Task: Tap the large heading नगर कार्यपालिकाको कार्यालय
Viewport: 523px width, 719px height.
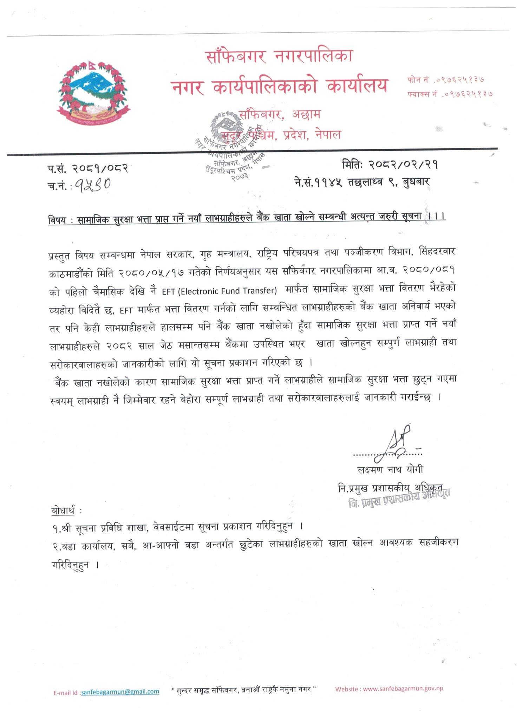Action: coord(280,86)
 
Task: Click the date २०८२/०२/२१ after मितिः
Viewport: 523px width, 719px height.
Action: coord(403,164)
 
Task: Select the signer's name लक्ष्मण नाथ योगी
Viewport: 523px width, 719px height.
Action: coord(390,469)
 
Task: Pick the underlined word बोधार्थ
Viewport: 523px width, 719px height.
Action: coord(63,510)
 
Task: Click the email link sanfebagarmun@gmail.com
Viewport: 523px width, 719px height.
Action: coord(120,691)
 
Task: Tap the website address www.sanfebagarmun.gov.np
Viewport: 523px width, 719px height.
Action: coord(403,688)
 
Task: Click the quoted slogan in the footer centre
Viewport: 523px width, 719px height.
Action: coord(244,690)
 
